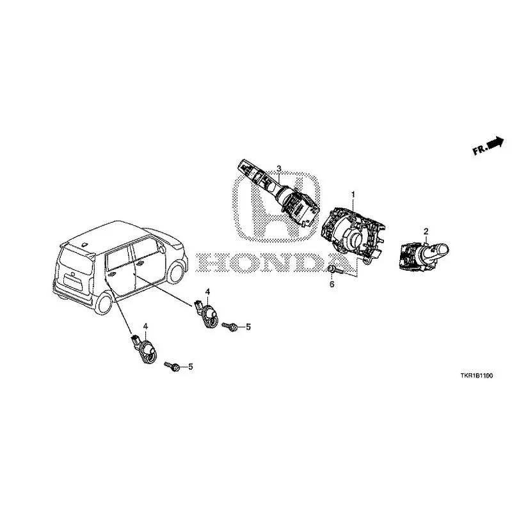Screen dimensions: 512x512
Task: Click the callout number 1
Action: click(353, 195)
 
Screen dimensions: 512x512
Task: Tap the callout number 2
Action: click(426, 232)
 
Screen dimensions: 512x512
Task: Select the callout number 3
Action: click(279, 168)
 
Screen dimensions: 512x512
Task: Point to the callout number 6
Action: click(332, 284)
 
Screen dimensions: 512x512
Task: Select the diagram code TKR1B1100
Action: click(477, 376)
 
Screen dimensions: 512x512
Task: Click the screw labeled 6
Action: click(335, 269)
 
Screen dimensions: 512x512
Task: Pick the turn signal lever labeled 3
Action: click(278, 192)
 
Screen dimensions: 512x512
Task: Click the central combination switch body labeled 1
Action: click(352, 234)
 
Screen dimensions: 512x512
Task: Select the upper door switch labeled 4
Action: click(207, 314)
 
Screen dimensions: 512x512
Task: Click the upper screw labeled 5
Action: click(229, 326)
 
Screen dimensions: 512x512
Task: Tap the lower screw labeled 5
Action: click(172, 366)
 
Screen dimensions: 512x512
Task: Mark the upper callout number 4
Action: click(207, 291)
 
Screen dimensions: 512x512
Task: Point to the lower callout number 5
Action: click(191, 367)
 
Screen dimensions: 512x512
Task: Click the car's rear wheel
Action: click(104, 303)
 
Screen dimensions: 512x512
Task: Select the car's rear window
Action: click(76, 260)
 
